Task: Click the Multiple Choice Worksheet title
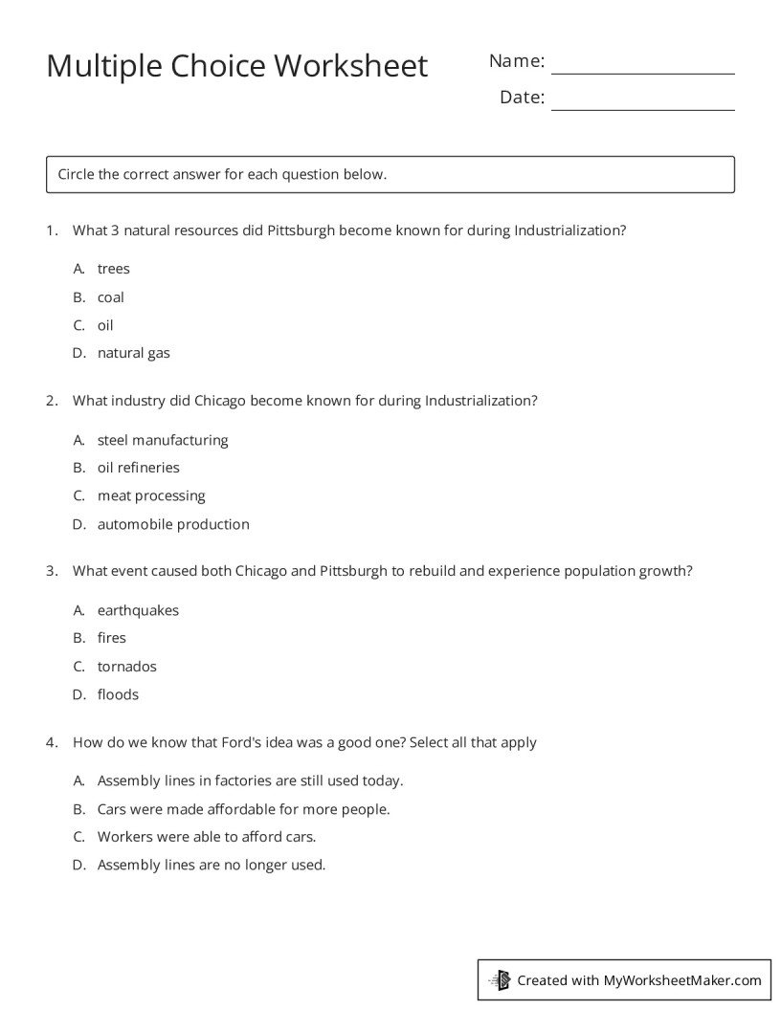pyautogui.click(x=236, y=66)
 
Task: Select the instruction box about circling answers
pyautogui.click(x=390, y=175)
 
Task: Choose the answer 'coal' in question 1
pyautogui.click(x=110, y=297)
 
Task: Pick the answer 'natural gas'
pyautogui.click(x=133, y=353)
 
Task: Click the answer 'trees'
pyautogui.click(x=113, y=269)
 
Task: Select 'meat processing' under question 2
pyautogui.click(x=151, y=495)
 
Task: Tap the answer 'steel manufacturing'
pyautogui.click(x=162, y=440)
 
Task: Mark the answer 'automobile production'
pyautogui.click(x=173, y=524)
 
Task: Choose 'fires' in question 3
pyautogui.click(x=111, y=638)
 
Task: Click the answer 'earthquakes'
pyautogui.click(x=138, y=610)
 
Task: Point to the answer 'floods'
pyautogui.click(x=118, y=694)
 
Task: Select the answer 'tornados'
pyautogui.click(x=126, y=667)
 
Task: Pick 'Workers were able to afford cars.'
pyautogui.click(x=206, y=837)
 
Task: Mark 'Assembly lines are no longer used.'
pyautogui.click(x=212, y=865)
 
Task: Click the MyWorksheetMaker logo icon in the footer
pyautogui.click(x=500, y=979)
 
